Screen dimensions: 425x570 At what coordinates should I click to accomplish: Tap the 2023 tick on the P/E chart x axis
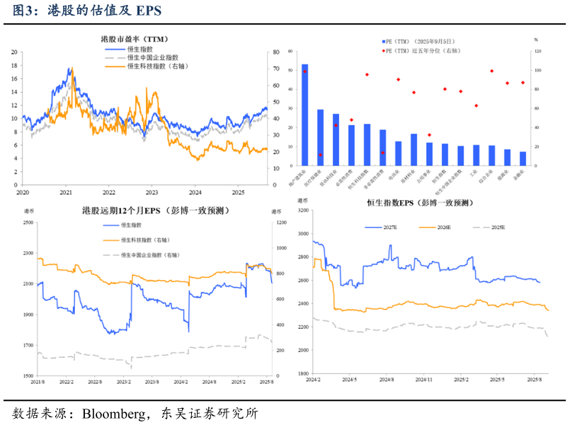[x=152, y=192]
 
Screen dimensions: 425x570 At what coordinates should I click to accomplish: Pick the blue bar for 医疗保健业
[x=320, y=137]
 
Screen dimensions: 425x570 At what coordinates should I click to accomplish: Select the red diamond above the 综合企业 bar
[x=491, y=71]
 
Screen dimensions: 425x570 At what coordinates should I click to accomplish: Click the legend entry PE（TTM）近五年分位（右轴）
[x=425, y=50]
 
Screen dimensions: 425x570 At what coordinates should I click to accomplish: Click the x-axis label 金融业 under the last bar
[x=522, y=174]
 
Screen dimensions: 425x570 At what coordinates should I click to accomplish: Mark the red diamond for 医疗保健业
[x=320, y=155]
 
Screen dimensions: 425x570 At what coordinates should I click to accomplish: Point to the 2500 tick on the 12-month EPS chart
[x=28, y=223]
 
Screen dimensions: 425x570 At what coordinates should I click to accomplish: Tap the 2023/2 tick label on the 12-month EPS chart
[x=122, y=382]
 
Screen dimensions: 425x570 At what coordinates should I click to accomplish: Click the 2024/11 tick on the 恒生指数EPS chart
[x=423, y=380]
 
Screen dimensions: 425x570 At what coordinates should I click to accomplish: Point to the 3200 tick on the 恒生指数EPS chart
[x=302, y=210]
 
